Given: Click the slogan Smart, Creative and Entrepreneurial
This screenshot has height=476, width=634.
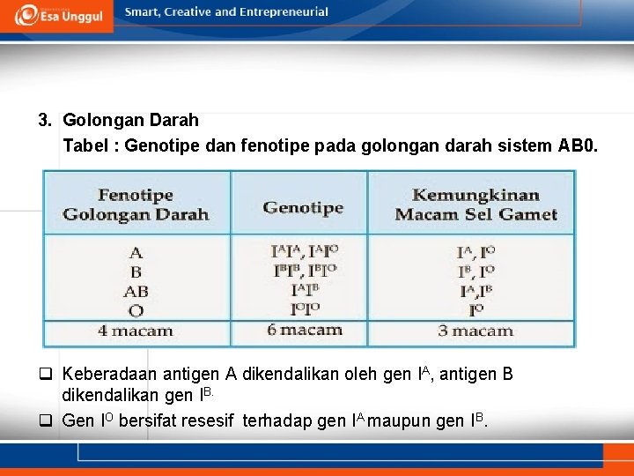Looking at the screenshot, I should [226, 12].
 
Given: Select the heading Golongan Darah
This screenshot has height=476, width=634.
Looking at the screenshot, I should [130, 120].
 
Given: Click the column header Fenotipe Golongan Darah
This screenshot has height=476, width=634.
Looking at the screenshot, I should [136, 205].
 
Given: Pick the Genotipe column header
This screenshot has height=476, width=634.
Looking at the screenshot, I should [303, 208].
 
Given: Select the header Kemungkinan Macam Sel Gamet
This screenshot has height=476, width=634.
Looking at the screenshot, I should [475, 205].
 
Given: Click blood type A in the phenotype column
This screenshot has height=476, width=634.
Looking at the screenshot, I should [136, 253].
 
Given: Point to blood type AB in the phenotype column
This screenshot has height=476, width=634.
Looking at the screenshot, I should [136, 291].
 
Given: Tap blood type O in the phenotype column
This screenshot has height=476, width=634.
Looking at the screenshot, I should [136, 310].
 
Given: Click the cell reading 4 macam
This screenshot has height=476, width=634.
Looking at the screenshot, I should [136, 331].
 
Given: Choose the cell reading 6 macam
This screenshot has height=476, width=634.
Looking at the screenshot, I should [304, 331].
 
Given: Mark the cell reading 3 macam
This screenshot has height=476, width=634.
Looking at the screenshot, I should [475, 331].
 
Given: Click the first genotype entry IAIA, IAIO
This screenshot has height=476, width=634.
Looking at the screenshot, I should [304, 251].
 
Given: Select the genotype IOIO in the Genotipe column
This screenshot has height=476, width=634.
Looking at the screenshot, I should [304, 309].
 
